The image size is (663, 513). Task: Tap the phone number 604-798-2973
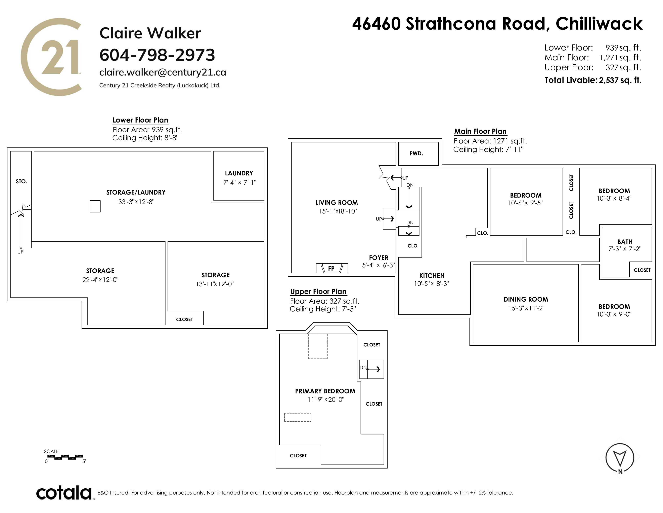coord(157,55)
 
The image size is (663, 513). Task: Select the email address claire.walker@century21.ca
coord(163,72)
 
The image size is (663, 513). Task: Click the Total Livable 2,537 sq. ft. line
coord(593,80)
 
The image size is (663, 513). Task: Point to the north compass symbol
coord(620,459)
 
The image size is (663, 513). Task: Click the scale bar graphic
coord(65,457)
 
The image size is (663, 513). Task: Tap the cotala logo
coord(65,493)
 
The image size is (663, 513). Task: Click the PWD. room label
coord(416,153)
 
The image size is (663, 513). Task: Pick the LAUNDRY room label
coord(239,173)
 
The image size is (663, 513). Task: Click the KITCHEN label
coord(432,276)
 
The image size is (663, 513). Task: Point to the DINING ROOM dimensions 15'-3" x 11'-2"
coord(526,308)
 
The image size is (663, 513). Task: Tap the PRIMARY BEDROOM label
coord(325,391)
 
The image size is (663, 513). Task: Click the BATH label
coord(625,242)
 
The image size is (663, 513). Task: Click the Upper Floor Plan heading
coord(318,292)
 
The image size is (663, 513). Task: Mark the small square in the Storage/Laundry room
coord(95,206)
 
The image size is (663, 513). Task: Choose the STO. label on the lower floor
coord(21,181)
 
